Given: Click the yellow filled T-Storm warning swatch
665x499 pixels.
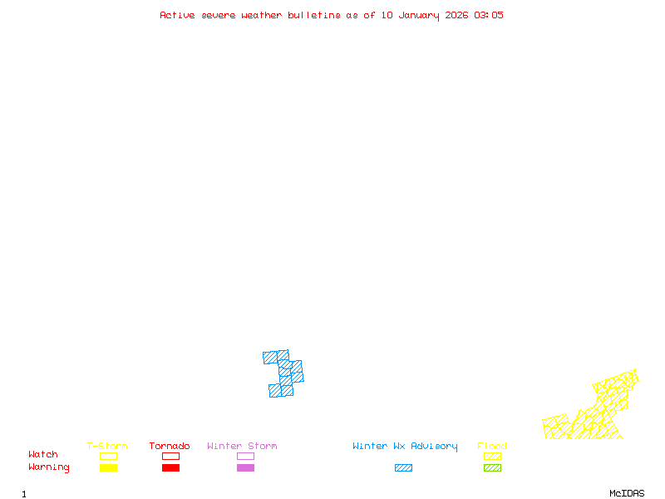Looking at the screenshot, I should (108, 468).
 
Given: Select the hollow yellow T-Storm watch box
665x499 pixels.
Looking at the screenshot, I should (108, 456).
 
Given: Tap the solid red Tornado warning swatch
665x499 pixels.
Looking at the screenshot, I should (170, 468).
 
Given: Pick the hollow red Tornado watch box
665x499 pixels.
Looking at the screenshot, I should (170, 456).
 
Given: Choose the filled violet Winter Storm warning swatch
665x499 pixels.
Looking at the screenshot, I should (245, 468).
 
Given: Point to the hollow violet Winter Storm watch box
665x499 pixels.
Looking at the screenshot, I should (245, 456).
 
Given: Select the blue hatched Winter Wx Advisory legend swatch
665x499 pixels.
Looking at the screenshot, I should (403, 468).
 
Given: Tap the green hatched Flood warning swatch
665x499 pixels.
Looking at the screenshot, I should (492, 468).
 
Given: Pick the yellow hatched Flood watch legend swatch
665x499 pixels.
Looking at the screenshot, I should (492, 456).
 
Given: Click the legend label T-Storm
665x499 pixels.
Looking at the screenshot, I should (107, 447).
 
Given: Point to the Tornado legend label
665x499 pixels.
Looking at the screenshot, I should (170, 447).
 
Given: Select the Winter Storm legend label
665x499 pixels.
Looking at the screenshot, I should (242, 447).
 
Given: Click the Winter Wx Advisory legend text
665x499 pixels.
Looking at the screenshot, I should (405, 447).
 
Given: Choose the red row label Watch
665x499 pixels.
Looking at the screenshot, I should (43, 455).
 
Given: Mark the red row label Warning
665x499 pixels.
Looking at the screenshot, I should (49, 467).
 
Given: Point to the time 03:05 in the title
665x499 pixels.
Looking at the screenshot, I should (489, 15).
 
